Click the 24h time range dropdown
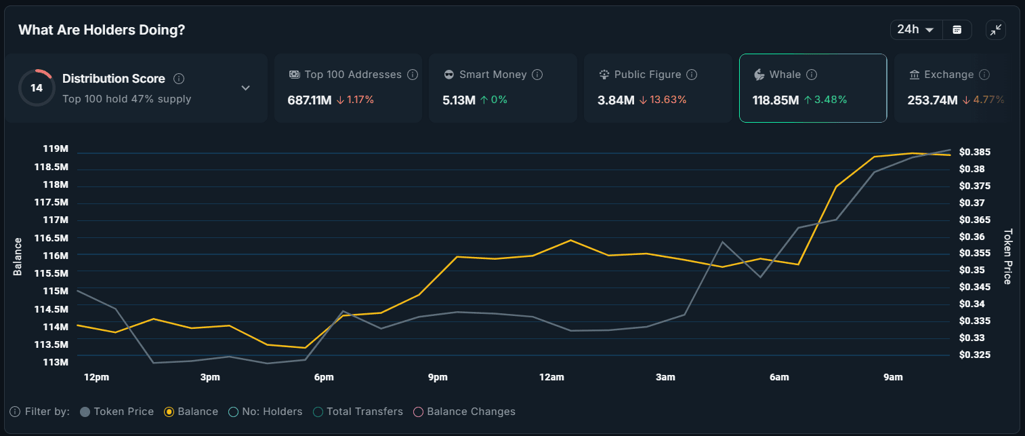click(915, 30)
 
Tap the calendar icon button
click(957, 30)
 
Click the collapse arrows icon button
click(995, 30)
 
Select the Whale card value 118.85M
click(776, 100)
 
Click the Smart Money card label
click(493, 75)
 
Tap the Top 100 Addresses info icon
click(413, 75)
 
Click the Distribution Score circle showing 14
click(37, 88)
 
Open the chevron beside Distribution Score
click(246, 88)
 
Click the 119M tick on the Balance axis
click(56, 149)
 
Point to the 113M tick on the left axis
click(56, 362)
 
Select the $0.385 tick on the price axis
click(975, 152)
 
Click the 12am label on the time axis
click(551, 377)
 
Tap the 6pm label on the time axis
click(324, 377)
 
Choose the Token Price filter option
click(117, 412)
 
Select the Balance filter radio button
click(169, 412)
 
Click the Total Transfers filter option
click(358, 412)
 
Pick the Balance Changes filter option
click(464, 412)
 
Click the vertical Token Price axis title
click(1007, 256)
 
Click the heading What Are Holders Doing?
click(102, 30)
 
